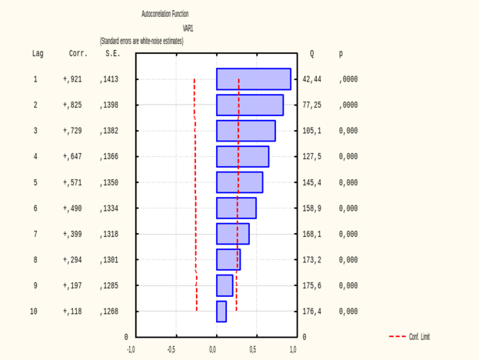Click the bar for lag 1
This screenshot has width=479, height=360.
tap(254, 79)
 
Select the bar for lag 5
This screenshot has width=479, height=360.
tap(239, 182)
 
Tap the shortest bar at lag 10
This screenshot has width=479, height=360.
tap(221, 312)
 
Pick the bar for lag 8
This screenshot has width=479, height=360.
tap(228, 260)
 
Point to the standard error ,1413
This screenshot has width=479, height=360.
tap(109, 79)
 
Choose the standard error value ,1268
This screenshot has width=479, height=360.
tap(109, 312)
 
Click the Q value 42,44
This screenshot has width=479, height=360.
tap(312, 79)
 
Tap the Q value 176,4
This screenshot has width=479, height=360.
tap(312, 312)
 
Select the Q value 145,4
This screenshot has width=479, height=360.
tap(312, 182)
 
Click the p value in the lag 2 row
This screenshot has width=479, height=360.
tap(348, 105)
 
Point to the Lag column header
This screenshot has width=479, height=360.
tap(38, 55)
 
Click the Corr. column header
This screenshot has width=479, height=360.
tap(78, 55)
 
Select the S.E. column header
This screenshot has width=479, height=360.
tap(113, 55)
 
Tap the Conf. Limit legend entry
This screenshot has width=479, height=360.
tap(411, 337)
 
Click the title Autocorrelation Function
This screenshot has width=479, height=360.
tap(165, 14)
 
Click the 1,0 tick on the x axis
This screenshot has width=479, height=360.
tap(293, 350)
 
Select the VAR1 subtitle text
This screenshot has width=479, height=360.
tap(188, 28)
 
